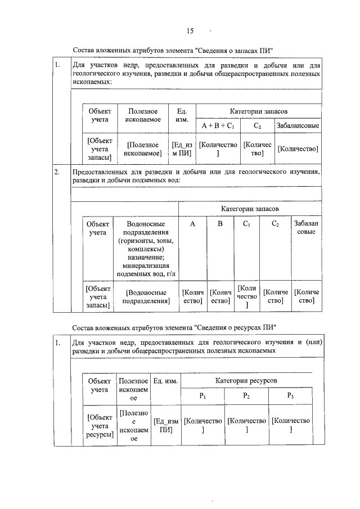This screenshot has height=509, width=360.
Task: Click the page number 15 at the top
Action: pos(191,31)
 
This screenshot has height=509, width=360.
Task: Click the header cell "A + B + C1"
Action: pos(219,125)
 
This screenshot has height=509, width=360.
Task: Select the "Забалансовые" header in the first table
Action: pos(298,125)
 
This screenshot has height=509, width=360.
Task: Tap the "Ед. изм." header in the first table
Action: pos(182,115)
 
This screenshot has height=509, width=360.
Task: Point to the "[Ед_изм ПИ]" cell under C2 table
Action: pos(182,148)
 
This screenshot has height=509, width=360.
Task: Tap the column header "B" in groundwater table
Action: pos(220,224)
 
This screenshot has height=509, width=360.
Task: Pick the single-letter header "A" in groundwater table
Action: pos(192,224)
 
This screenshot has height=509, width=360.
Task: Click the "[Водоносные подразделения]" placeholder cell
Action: pos(146,296)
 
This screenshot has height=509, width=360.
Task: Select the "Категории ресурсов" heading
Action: pos(246,381)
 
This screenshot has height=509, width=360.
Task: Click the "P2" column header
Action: pos(246,396)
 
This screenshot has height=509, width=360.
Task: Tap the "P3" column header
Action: pos(290,396)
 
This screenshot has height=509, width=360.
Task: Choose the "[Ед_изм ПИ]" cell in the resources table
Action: pos(166,426)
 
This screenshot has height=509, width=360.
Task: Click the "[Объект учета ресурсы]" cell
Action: pos(99,426)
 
